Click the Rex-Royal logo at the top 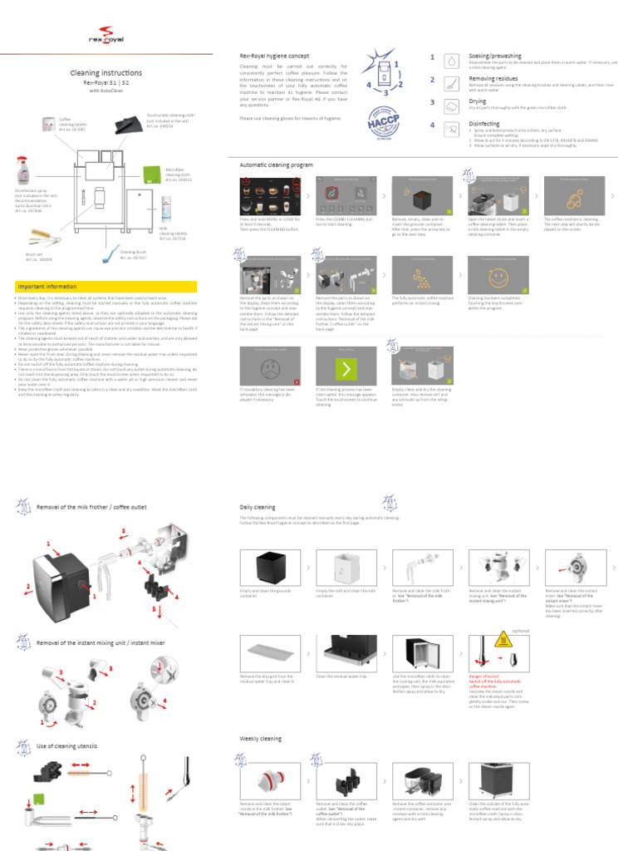tap(106, 37)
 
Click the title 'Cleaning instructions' tap(106, 73)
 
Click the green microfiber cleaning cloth tap(152, 174)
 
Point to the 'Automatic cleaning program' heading tap(277, 165)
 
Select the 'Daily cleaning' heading tap(258, 506)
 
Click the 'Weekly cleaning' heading tap(260, 738)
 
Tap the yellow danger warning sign tap(502, 641)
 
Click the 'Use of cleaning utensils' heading tap(66, 746)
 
